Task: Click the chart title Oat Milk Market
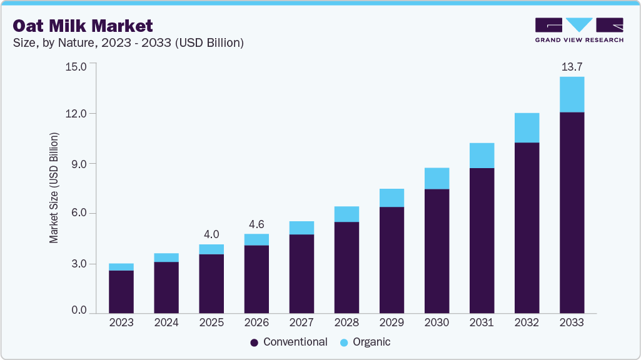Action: coord(83,26)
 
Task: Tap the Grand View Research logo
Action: coord(579,30)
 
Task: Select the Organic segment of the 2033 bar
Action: coord(572,94)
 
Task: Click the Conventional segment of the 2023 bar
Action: coord(121,291)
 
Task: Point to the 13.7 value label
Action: coord(572,66)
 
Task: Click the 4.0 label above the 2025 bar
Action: coord(211,234)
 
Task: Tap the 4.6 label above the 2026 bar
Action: coord(256,224)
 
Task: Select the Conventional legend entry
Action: coord(288,342)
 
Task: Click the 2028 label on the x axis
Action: coord(346,322)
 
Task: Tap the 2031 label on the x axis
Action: coord(482,322)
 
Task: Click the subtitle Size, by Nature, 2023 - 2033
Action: coord(128,43)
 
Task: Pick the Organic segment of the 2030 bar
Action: coord(437,178)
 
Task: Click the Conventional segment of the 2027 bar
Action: coord(301,274)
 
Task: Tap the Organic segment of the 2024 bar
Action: coord(166,257)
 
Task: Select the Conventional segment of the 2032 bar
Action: coord(527,227)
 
